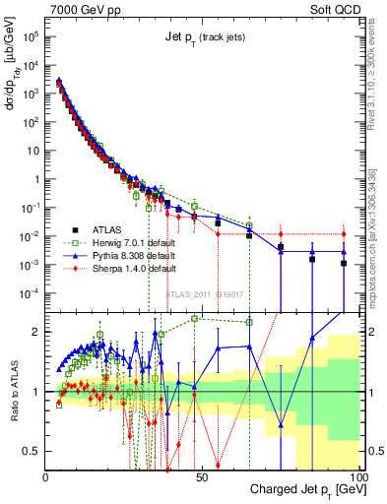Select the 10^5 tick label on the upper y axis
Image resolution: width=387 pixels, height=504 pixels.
coord(32,35)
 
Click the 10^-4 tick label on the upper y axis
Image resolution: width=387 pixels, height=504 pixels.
coord(32,293)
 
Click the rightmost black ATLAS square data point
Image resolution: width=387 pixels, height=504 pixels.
coord(344,263)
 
